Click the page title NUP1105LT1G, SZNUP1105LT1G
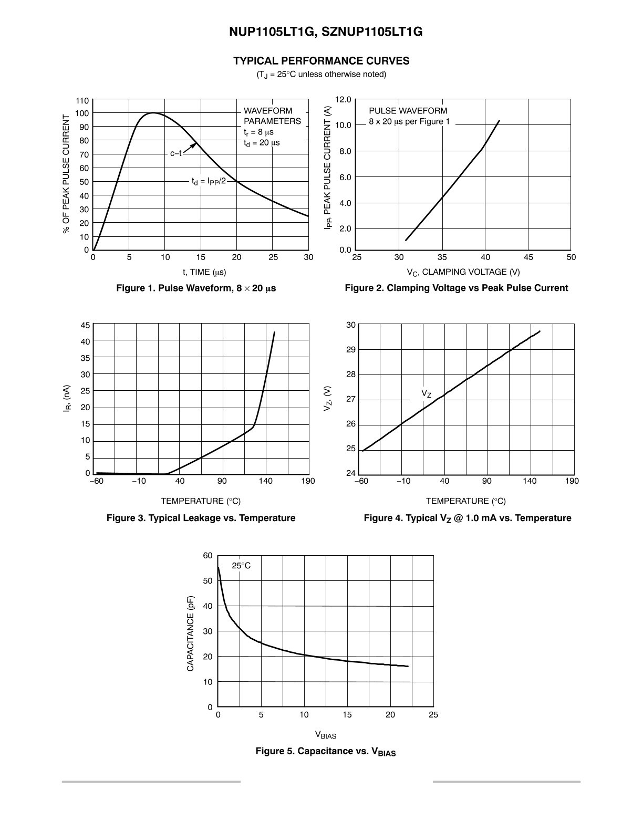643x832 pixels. (x=326, y=32)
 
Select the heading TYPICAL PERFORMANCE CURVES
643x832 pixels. (x=321, y=61)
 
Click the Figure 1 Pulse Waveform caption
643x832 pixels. (x=196, y=288)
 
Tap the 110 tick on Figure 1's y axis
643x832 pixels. (x=82, y=101)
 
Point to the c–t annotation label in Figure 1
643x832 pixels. (x=176, y=153)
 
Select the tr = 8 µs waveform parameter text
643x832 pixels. (x=258, y=132)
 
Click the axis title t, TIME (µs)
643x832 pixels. (x=204, y=272)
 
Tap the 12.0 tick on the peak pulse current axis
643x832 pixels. (x=343, y=100)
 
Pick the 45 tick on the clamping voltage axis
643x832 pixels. (x=528, y=257)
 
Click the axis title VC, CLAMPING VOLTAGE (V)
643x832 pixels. (x=463, y=272)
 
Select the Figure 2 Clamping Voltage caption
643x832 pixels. (x=457, y=288)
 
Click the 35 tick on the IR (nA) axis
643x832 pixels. (x=85, y=358)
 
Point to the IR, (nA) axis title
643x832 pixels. (x=67, y=399)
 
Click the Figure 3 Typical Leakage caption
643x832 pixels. (x=201, y=518)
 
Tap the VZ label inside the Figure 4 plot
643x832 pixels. (x=426, y=393)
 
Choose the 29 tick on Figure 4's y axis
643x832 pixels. (x=351, y=350)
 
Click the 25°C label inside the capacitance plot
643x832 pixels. (x=241, y=566)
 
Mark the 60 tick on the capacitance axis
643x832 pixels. (x=208, y=556)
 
